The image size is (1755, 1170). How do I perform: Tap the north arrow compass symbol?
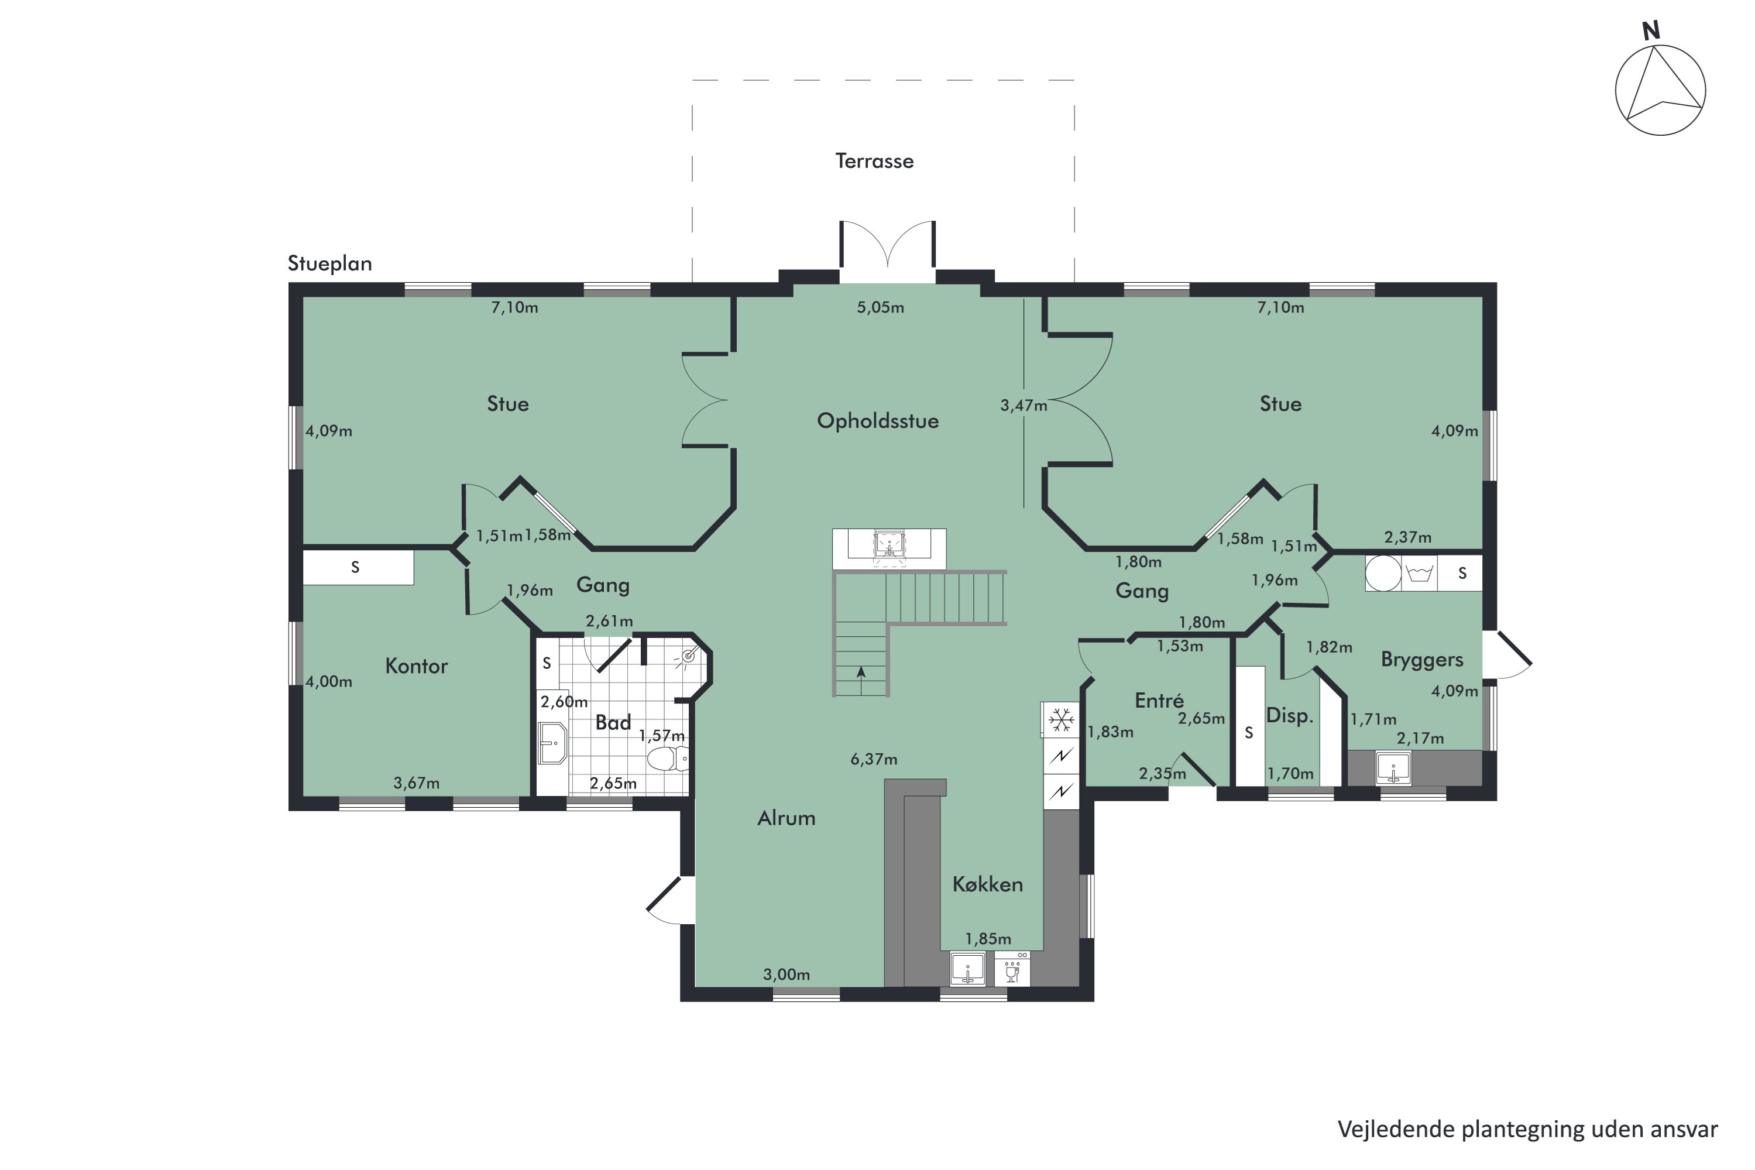click(x=1660, y=90)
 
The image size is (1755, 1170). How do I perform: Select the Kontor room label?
click(x=416, y=665)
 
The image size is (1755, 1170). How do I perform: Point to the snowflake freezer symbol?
click(x=1060, y=720)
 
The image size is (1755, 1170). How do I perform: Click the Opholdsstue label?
click(x=877, y=421)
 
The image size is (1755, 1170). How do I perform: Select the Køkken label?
click(x=987, y=884)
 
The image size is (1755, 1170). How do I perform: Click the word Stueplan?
click(x=329, y=263)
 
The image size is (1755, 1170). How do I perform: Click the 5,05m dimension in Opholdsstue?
click(x=880, y=307)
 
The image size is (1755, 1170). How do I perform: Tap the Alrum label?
click(x=786, y=819)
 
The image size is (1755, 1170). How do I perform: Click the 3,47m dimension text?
click(x=1024, y=406)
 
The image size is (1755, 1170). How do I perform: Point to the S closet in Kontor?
click(x=356, y=567)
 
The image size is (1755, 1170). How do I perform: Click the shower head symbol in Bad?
click(x=688, y=657)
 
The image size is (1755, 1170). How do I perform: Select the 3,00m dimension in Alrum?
click(x=786, y=975)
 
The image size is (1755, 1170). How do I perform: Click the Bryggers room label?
click(x=1421, y=660)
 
